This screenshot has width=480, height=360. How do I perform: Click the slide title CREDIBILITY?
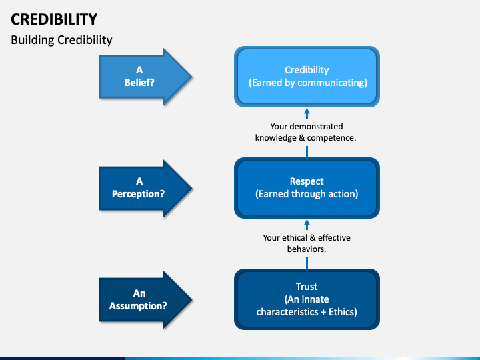click(54, 19)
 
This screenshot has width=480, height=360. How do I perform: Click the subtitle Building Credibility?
click(61, 40)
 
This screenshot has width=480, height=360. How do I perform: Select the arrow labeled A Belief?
click(143, 77)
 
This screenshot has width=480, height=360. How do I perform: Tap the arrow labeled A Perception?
click(143, 188)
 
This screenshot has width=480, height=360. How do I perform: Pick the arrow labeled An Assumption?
click(143, 299)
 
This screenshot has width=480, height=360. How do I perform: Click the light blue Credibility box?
click(307, 77)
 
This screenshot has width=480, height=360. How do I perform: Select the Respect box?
click(307, 188)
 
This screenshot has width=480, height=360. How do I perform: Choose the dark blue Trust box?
click(307, 299)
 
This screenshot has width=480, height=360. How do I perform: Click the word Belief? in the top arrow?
click(139, 83)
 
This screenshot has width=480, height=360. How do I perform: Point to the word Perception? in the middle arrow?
click(139, 194)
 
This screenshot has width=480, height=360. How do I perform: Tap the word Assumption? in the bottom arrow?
click(139, 305)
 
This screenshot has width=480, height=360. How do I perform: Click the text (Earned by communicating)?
click(307, 83)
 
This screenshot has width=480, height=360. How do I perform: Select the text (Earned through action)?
click(307, 194)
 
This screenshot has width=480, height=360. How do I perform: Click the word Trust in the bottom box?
click(307, 287)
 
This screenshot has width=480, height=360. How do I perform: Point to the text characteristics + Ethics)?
click(307, 311)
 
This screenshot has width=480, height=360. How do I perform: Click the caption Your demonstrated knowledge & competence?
click(307, 132)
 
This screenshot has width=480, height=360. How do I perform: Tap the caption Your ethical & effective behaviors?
click(307, 243)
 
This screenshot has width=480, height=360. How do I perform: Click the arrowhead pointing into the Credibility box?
click(307, 113)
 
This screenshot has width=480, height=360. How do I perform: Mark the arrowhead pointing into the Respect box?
click(307, 224)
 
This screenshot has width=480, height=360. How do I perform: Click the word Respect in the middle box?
click(307, 181)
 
